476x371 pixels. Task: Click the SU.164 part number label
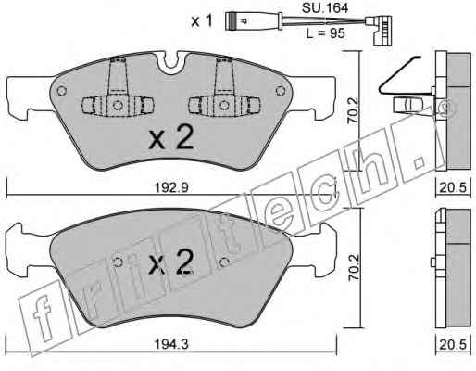pos(325,7)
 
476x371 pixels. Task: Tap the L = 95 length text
pos(325,32)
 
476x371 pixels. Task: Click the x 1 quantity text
pos(202,21)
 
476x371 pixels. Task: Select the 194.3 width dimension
pos(170,344)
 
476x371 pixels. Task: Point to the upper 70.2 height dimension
pos(353,110)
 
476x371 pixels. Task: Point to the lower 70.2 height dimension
pos(354,267)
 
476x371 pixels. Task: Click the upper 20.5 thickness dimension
pos(453,187)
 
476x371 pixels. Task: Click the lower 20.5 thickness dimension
pos(453,344)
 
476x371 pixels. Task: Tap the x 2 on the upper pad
pos(171,138)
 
